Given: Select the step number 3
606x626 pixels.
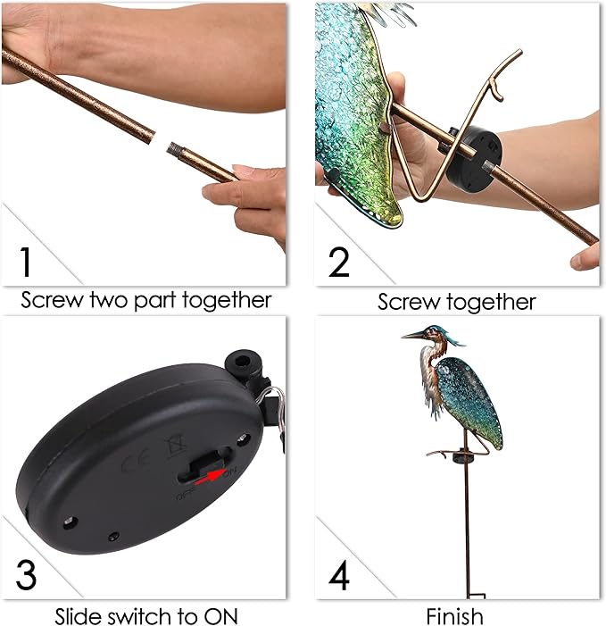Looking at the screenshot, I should pos(26,574).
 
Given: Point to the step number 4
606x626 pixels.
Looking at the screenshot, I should pos(339,575).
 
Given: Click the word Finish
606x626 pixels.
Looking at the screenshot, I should pos(454,615).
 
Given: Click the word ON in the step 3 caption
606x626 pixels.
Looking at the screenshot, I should pos(218,615).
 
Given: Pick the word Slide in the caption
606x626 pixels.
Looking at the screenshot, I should pos(79,615).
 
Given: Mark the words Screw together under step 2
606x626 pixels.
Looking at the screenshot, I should pos(456,301).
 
